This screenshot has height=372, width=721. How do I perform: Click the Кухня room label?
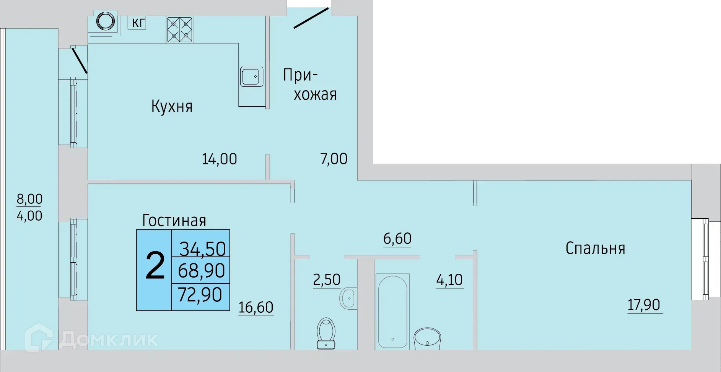pyautogui.click(x=172, y=106)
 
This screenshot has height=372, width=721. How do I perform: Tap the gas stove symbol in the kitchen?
pyautogui.click(x=179, y=29)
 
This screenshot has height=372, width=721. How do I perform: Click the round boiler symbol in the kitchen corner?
pyautogui.click(x=106, y=22)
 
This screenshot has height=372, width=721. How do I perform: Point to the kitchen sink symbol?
pyautogui.click(x=251, y=76)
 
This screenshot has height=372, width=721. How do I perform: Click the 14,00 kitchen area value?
pyautogui.click(x=219, y=159)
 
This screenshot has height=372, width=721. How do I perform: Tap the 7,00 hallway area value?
pyautogui.click(x=334, y=159)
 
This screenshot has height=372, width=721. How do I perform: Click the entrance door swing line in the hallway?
pyautogui.click(x=311, y=18)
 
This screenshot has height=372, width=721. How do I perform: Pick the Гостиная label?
pyautogui.click(x=174, y=220)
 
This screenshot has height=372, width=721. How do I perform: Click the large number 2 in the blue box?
pyautogui.click(x=155, y=266)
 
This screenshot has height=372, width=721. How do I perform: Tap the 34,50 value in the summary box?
pyautogui.click(x=202, y=249)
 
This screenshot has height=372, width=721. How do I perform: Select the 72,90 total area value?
pyautogui.click(x=200, y=295)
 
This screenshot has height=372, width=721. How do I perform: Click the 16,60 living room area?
pyautogui.click(x=256, y=307)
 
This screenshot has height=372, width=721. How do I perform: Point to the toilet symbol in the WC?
pyautogui.click(x=326, y=333)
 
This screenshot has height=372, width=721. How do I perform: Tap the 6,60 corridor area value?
pyautogui.click(x=397, y=239)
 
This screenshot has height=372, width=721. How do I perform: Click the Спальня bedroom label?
pyautogui.click(x=595, y=249)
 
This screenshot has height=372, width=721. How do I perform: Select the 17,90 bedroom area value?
pyautogui.click(x=644, y=305)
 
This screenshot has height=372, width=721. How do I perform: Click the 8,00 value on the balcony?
pyautogui.click(x=29, y=199)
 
